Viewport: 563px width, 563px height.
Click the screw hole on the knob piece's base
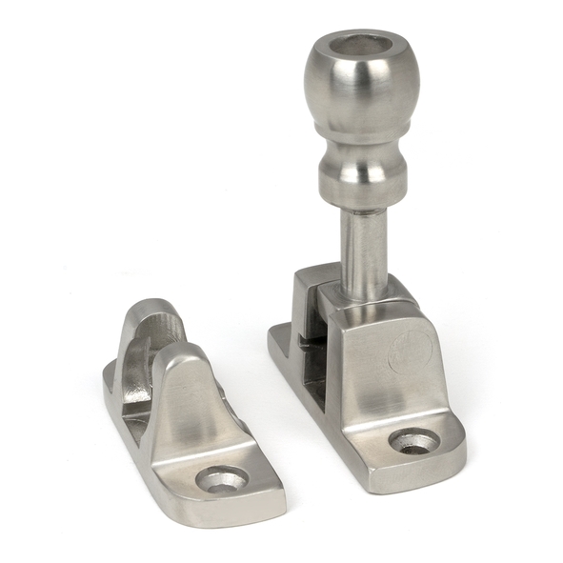pyautogui.click(x=415, y=441)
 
